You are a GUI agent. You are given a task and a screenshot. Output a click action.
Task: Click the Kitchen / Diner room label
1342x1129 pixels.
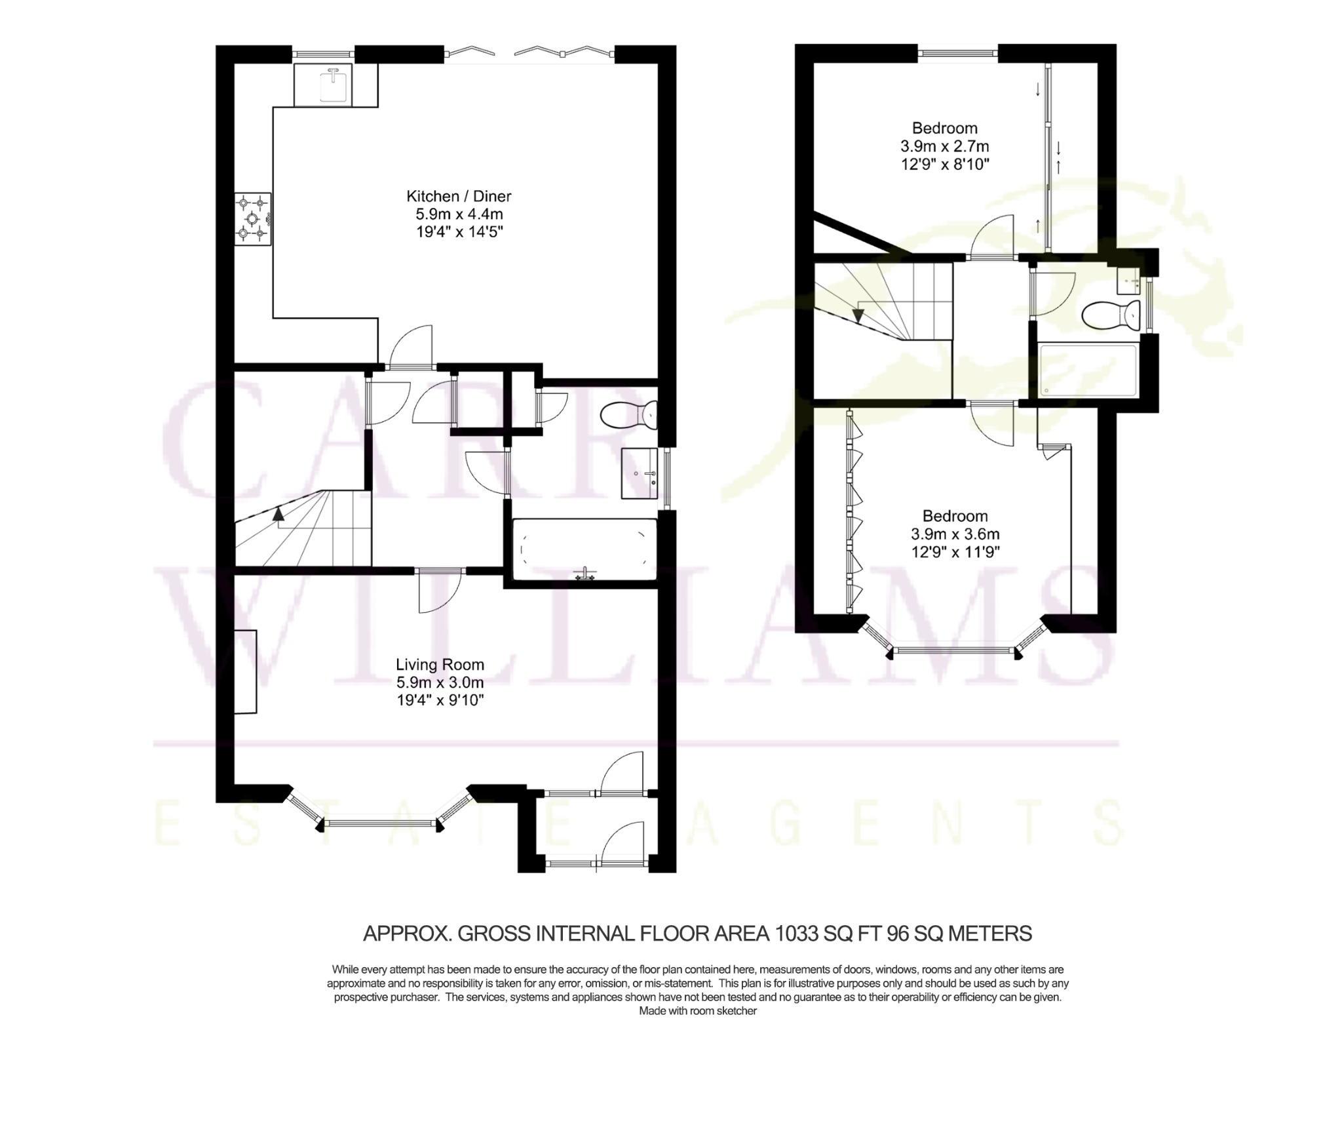click(x=459, y=196)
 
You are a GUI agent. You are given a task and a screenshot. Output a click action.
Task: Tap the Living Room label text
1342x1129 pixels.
click(x=440, y=665)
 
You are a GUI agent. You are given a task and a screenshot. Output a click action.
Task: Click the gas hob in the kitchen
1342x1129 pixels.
click(x=253, y=219)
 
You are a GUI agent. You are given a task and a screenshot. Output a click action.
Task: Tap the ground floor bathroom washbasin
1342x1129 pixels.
click(x=640, y=473)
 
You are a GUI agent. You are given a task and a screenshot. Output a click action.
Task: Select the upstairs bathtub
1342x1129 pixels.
click(x=1088, y=370)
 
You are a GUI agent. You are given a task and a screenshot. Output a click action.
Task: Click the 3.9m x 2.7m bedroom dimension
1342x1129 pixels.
click(x=945, y=146)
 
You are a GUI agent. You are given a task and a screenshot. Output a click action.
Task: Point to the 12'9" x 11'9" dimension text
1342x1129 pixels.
click(x=955, y=552)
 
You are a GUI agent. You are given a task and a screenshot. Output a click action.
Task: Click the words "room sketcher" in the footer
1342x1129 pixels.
click(x=724, y=1011)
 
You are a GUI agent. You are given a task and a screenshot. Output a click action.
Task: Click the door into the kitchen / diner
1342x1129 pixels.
click(x=412, y=346)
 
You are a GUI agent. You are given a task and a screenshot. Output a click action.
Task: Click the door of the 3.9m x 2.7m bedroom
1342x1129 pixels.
click(x=993, y=237)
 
